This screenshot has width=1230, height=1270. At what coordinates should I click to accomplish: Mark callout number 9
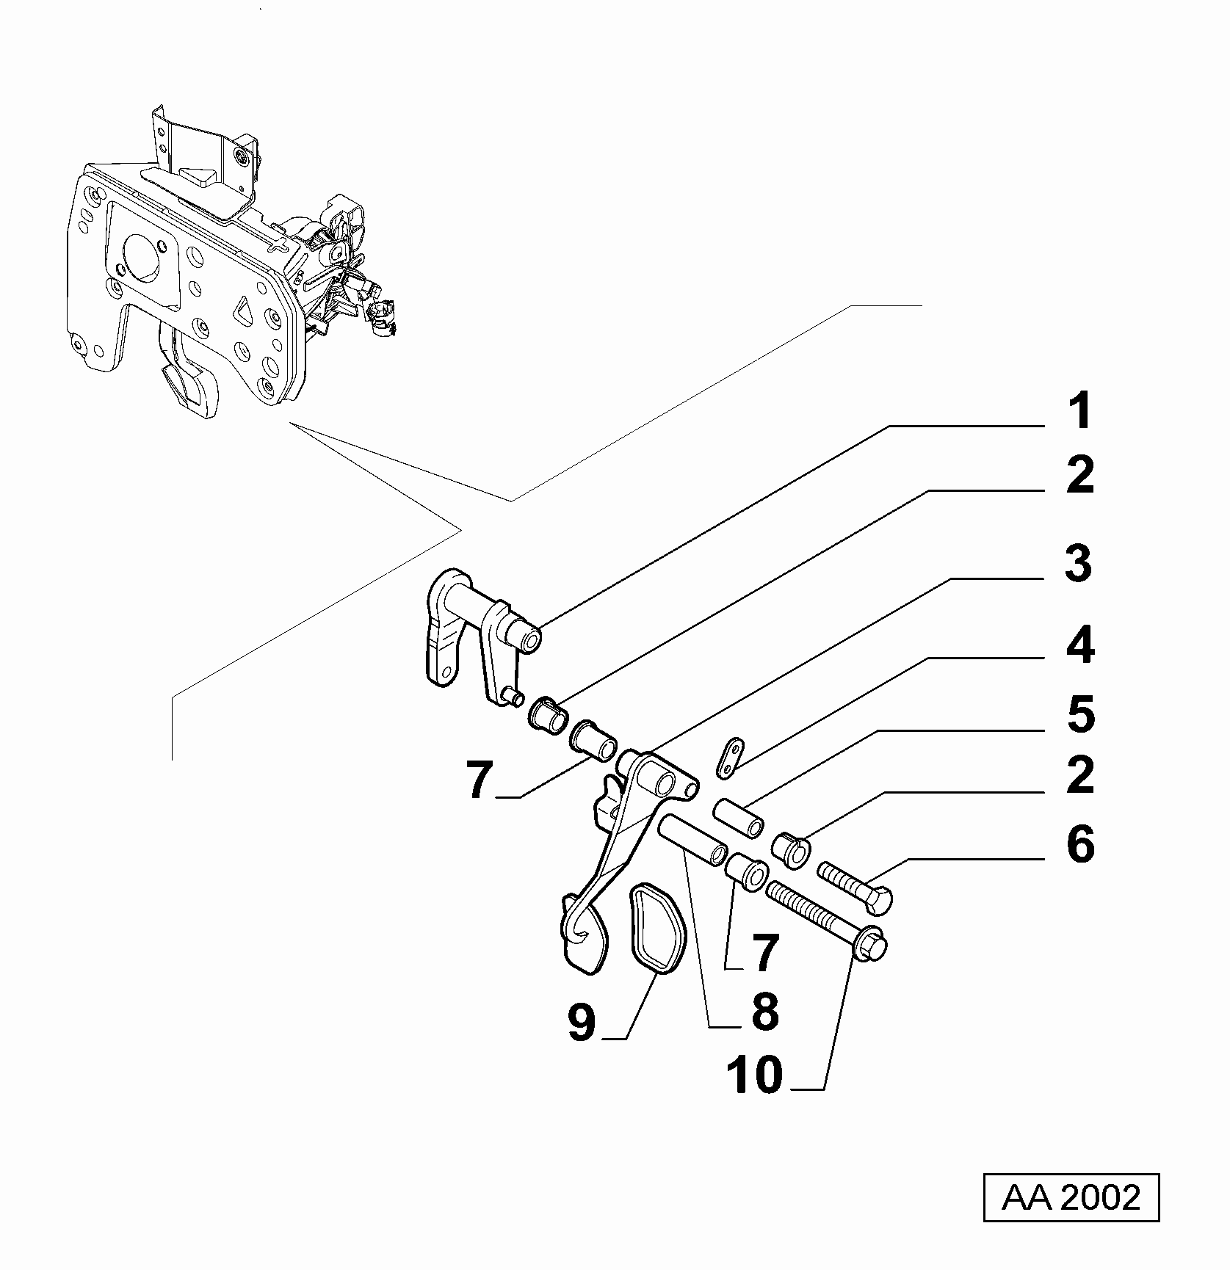pos(582,1023)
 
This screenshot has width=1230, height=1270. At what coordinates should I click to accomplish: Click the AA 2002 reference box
pos(1071,1198)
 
